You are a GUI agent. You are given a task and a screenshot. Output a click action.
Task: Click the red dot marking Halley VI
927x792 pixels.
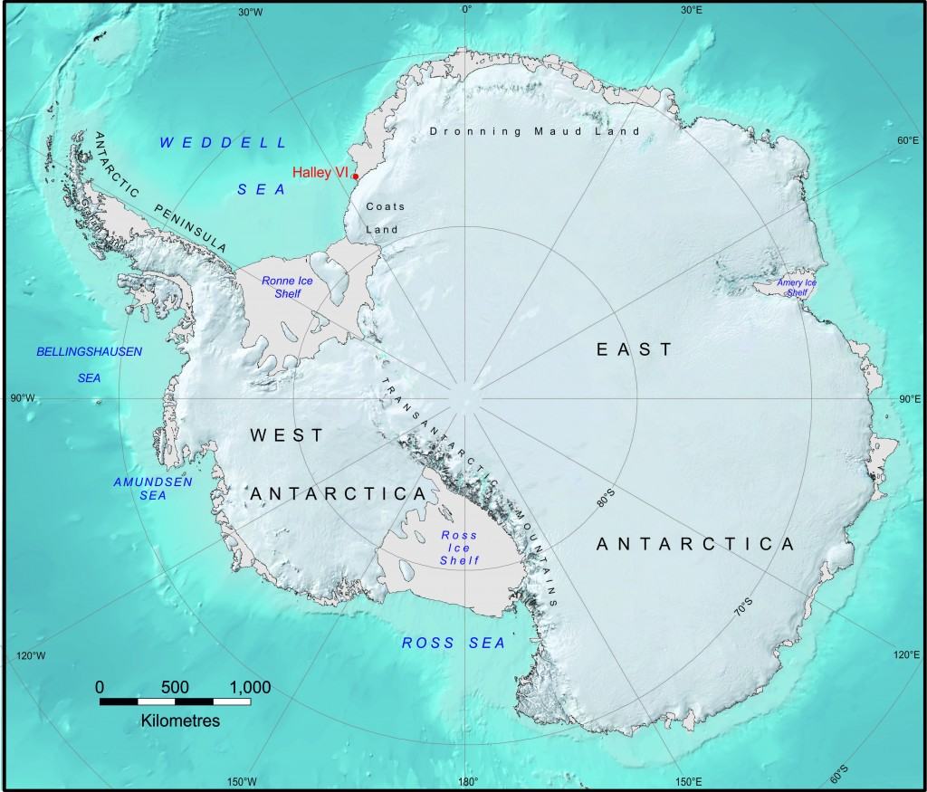[355, 177]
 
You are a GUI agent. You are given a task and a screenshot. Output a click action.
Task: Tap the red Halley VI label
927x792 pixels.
[320, 172]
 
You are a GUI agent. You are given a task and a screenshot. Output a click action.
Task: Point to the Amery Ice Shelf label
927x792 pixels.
[797, 287]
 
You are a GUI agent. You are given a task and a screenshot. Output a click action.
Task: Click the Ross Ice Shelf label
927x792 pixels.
[459, 548]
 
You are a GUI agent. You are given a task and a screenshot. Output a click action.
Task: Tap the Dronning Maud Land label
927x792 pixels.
[534, 131]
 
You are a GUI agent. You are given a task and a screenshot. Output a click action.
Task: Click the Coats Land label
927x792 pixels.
[385, 218]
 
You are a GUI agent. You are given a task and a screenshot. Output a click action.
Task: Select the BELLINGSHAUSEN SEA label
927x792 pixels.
[89, 364]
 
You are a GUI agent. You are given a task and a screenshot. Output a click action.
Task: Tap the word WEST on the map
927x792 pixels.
[286, 435]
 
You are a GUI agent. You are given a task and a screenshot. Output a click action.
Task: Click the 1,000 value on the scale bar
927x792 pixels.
[244, 687]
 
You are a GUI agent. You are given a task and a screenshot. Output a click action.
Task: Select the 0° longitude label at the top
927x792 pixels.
[467, 10]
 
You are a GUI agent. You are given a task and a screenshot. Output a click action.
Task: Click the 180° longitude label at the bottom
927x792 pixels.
[467, 783]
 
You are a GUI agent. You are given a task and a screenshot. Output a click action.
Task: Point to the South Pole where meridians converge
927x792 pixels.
[466, 397]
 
